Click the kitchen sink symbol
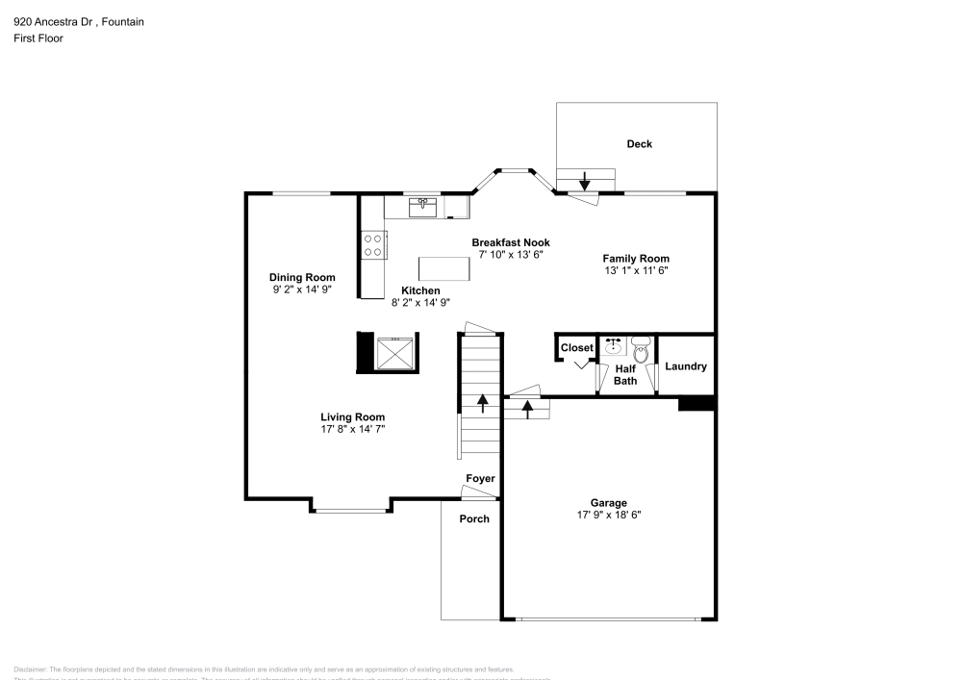(x=422, y=205)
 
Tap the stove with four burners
(x=373, y=244)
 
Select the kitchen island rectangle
(x=444, y=269)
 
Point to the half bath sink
(x=614, y=346)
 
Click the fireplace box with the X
(x=394, y=352)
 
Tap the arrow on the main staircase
(x=482, y=403)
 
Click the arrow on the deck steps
(x=584, y=180)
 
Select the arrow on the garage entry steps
(x=527, y=410)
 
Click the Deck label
(x=639, y=144)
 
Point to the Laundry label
(x=686, y=366)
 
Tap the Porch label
(x=473, y=519)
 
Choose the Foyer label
(x=480, y=479)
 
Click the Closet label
(x=577, y=348)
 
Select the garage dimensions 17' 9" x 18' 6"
(x=608, y=515)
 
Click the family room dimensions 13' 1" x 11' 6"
(x=635, y=271)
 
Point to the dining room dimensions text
(x=302, y=289)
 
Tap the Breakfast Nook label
(x=510, y=242)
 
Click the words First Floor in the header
(x=38, y=38)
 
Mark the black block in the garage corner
(x=696, y=404)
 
